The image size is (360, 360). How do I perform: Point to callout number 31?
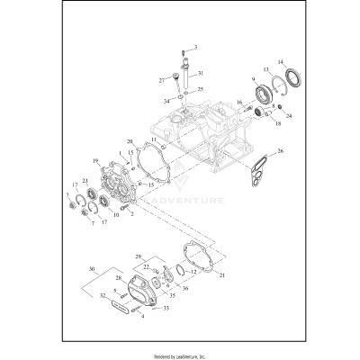pyautogui.click(x=201, y=74)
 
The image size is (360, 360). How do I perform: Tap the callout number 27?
pyautogui.click(x=164, y=79)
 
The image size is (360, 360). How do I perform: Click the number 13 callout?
pyautogui.click(x=265, y=70)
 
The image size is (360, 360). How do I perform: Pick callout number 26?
pyautogui.click(x=281, y=151)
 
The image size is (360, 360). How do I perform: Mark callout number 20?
pyautogui.click(x=130, y=141)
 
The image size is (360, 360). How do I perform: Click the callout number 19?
pyautogui.click(x=93, y=161)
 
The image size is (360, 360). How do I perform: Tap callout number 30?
pyautogui.click(x=92, y=269)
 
